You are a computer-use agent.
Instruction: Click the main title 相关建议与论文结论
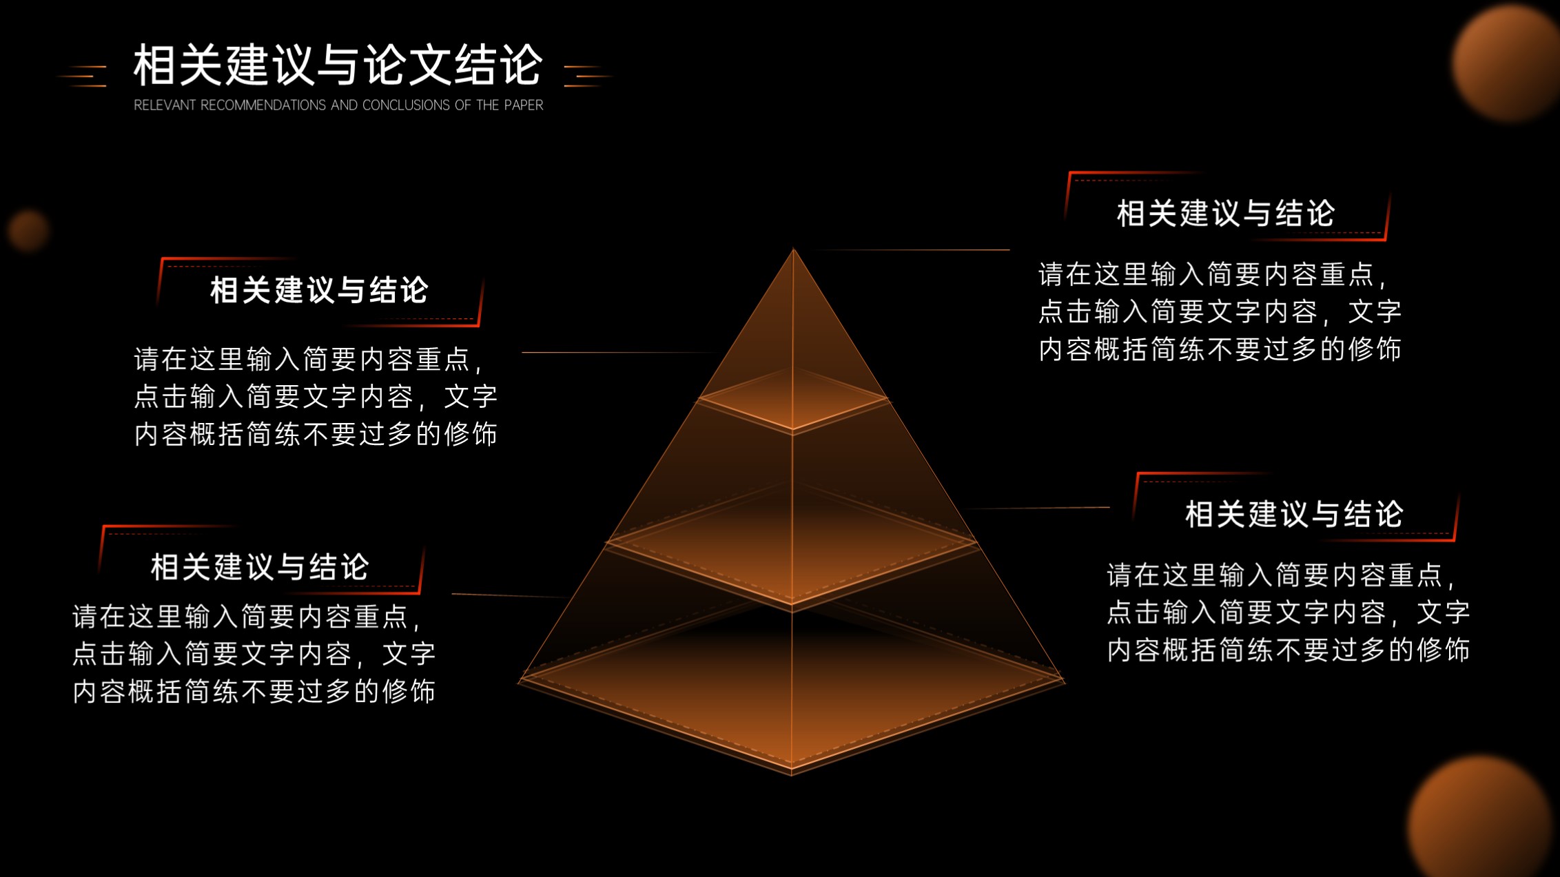[x=338, y=65]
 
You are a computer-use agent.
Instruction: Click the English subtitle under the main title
[x=338, y=105]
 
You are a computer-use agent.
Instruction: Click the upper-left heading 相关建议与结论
[x=319, y=290]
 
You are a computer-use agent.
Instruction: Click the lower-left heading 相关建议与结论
[x=260, y=568]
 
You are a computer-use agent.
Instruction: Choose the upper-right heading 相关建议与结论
[x=1226, y=214]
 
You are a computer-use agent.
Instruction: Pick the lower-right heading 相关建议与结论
[x=1294, y=515]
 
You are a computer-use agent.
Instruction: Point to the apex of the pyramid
[x=793, y=249]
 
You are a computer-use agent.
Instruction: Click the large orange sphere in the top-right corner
[x=1509, y=62]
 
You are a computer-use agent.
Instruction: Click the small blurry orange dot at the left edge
[x=28, y=230]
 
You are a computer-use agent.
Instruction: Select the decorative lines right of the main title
[x=588, y=76]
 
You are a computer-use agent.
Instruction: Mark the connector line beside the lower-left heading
[x=510, y=595]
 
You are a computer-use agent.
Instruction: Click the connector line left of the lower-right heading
[x=1037, y=508]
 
